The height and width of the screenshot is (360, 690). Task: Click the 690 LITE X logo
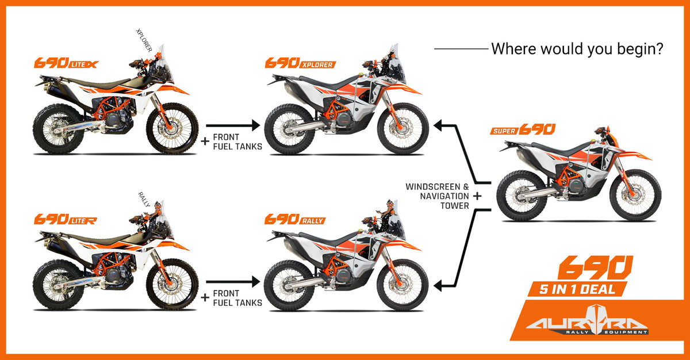coord(66,63)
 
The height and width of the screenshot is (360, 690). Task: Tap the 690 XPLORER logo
coord(300,63)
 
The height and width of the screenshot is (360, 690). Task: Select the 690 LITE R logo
coord(66,219)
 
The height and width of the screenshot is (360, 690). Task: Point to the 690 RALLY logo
coord(295,219)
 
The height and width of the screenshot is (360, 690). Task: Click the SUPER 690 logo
coord(523,129)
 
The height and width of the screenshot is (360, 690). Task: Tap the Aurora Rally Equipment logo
coord(587,320)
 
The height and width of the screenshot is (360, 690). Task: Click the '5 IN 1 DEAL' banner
coord(577,289)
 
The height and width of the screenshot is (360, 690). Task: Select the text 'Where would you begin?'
coord(577,49)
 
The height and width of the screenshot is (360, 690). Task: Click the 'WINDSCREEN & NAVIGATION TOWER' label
coord(438,196)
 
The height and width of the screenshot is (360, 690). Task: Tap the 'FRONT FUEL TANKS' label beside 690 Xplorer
coord(237,141)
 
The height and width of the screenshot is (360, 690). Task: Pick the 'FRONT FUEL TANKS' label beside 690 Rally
coord(237,298)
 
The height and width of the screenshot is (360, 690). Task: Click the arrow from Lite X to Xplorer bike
coord(233,125)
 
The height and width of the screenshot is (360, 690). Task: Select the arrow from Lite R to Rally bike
coord(233,281)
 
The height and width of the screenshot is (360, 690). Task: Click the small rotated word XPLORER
coord(144,40)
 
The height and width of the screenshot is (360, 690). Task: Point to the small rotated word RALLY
coord(144,200)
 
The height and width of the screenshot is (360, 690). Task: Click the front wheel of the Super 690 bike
coord(635,195)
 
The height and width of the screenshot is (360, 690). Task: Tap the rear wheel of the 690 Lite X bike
coord(59,129)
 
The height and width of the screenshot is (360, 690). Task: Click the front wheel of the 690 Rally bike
coord(402,285)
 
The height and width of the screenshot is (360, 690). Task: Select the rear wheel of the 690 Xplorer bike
coord(290,129)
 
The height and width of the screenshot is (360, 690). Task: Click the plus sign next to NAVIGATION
coord(477,196)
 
